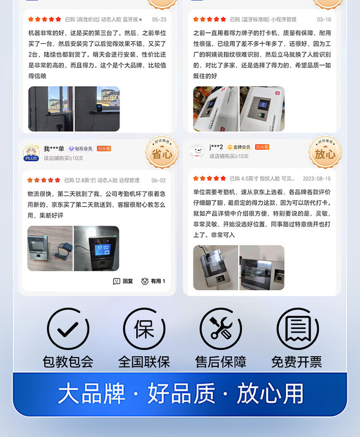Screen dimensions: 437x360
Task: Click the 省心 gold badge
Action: point(162,153)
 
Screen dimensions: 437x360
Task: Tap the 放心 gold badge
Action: point(325,153)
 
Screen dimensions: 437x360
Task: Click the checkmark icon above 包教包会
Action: point(68,329)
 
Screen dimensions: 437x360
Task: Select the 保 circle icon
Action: point(144,329)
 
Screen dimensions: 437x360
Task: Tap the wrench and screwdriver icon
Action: point(221,329)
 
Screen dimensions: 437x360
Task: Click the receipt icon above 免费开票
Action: point(298,329)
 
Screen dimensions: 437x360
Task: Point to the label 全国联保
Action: point(144,362)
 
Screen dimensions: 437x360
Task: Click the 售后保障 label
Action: point(221,362)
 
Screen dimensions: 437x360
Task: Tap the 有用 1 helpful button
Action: point(153,281)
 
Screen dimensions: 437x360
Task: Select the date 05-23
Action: point(159,20)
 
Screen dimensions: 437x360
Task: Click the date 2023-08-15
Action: point(316,179)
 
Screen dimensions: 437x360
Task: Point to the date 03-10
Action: point(324,20)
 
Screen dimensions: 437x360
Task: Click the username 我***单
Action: point(54,149)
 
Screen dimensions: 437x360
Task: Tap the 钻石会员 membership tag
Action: point(80,149)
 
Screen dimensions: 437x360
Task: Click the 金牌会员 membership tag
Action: point(239,147)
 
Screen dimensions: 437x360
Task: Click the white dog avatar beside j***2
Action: point(196,152)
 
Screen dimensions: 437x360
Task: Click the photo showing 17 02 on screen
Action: point(96,248)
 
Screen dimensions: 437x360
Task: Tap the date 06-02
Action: point(158,181)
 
